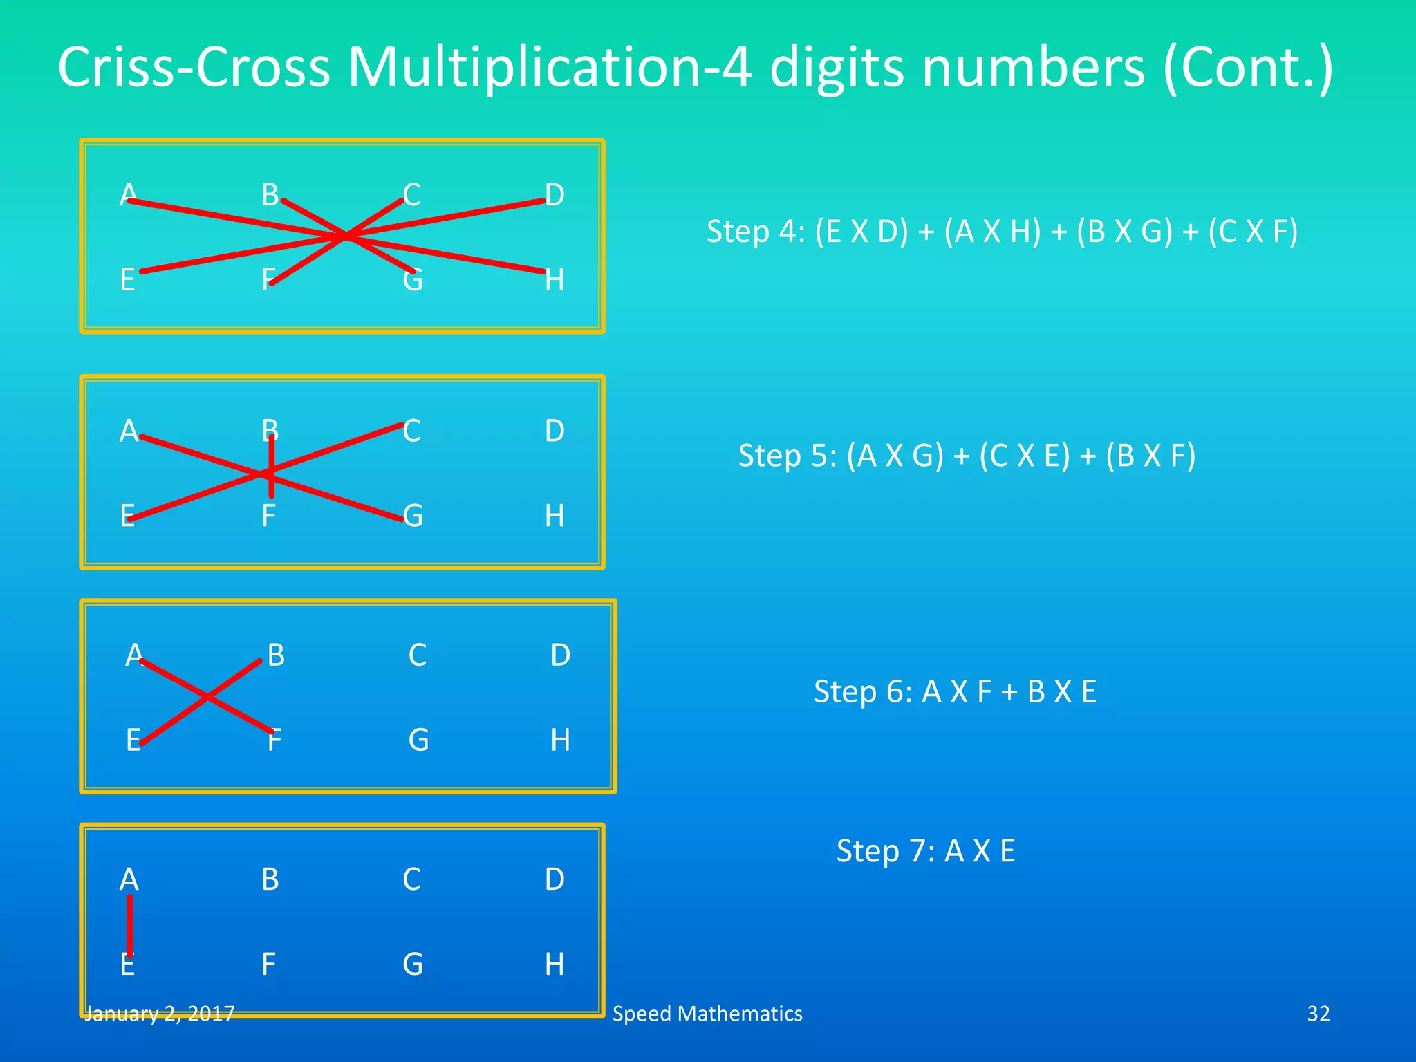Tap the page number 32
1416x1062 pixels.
click(1318, 1014)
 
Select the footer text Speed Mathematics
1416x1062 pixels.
click(707, 1014)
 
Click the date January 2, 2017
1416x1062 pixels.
click(159, 1014)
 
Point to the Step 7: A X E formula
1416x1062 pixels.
click(926, 851)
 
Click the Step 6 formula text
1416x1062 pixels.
click(955, 691)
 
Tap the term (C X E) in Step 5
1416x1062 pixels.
click(1024, 456)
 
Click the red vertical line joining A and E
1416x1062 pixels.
click(130, 925)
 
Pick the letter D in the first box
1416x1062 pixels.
click(555, 195)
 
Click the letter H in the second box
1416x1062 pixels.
click(555, 516)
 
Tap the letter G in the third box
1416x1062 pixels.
click(418, 740)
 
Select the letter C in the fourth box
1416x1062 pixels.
click(411, 879)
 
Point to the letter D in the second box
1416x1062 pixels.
click(555, 431)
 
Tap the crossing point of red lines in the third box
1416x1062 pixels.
click(207, 697)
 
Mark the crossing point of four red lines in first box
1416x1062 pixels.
click(346, 236)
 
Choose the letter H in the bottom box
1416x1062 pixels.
click(555, 965)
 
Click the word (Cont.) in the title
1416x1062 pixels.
click(1249, 68)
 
